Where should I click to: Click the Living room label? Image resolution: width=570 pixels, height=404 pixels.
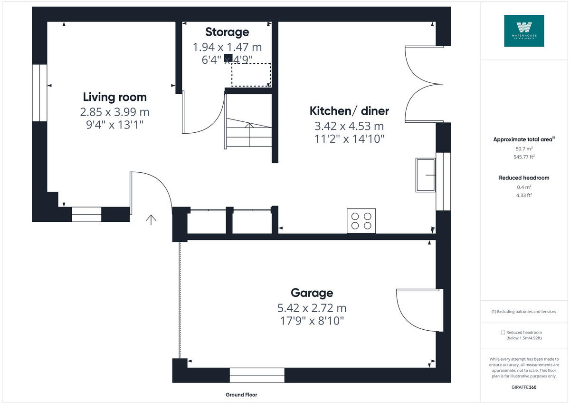click(x=114, y=97)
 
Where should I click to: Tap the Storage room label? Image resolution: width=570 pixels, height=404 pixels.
click(x=227, y=32)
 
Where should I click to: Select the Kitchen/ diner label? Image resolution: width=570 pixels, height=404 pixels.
click(x=349, y=111)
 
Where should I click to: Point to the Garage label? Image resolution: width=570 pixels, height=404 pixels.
click(x=312, y=293)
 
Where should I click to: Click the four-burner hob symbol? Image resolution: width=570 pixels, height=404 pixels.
click(x=361, y=221)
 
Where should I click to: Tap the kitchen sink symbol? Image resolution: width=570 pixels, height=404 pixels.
click(x=426, y=175)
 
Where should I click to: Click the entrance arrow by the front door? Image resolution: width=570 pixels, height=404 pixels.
click(x=151, y=219)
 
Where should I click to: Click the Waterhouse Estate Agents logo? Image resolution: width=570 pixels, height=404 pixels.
click(x=524, y=30)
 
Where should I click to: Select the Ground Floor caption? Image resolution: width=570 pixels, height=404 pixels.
click(x=241, y=395)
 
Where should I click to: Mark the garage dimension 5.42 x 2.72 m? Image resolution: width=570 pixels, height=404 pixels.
click(x=312, y=307)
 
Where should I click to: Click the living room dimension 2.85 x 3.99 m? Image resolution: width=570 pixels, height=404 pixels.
click(x=114, y=112)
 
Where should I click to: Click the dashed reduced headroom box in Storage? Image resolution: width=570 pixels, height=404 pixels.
click(x=251, y=75)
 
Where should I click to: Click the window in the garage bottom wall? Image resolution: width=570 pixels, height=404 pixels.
click(x=257, y=375)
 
